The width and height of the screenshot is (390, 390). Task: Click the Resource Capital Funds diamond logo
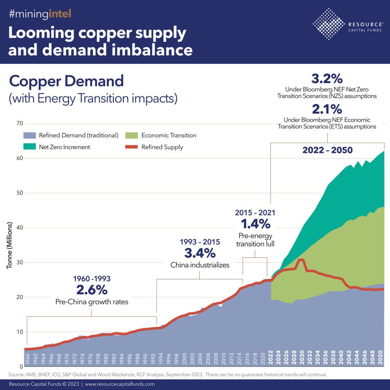[x=328, y=24]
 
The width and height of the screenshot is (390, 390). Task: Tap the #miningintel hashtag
[x=40, y=15]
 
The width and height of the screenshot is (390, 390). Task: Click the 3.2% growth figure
[x=327, y=79]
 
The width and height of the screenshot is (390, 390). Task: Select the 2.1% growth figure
[x=327, y=109]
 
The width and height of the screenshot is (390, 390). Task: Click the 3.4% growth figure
[x=200, y=253]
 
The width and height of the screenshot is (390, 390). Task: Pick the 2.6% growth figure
[x=91, y=290]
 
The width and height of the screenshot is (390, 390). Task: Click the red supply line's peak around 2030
[x=301, y=261]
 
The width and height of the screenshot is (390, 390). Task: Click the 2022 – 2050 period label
[x=327, y=150]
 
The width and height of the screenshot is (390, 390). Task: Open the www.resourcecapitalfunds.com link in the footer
[x=120, y=384]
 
